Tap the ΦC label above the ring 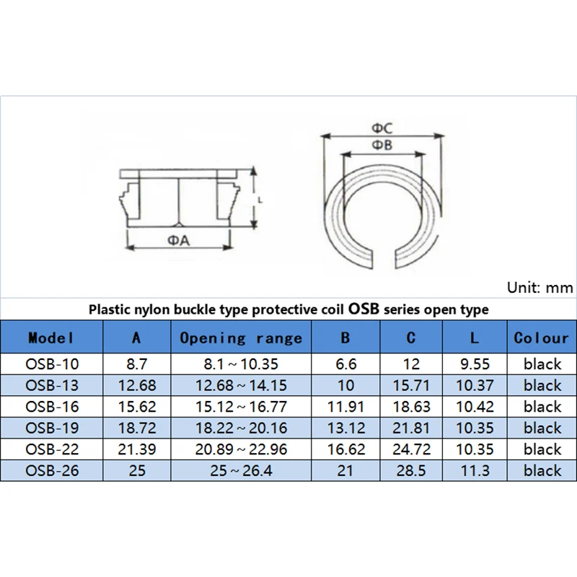(382, 128)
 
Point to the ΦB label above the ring (382, 146)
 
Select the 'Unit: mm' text (539, 287)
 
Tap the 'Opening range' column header (240, 338)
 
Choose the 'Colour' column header (542, 338)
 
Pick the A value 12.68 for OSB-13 (136, 385)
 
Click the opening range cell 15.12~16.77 (240, 407)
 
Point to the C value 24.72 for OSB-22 (411, 449)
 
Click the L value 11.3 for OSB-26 (474, 470)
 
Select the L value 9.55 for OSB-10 (474, 364)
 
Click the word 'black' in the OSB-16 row (542, 407)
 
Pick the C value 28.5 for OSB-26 (411, 470)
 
